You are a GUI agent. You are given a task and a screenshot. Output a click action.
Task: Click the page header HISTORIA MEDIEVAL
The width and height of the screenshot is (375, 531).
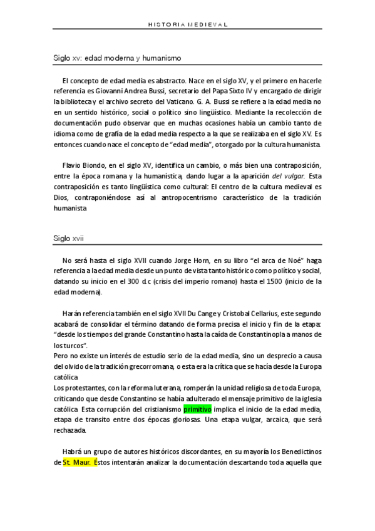pyautogui.click(x=187, y=24)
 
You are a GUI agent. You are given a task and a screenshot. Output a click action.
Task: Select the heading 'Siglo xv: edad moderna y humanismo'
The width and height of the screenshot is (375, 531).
pyautogui.click(x=117, y=58)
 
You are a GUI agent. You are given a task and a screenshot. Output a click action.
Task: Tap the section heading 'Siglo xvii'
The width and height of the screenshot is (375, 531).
pyautogui.click(x=69, y=238)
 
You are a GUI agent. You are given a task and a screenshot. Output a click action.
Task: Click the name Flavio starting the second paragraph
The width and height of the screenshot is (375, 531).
pyautogui.click(x=73, y=165)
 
